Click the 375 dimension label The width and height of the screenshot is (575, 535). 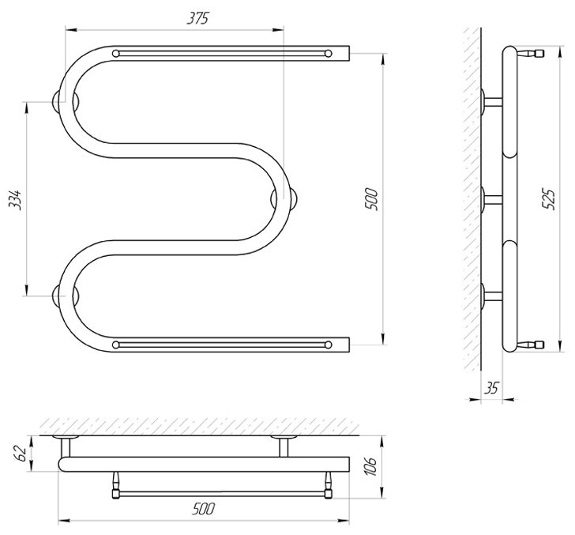(197, 18)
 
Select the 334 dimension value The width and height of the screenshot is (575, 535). (16, 200)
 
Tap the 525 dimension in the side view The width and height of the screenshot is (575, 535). (548, 199)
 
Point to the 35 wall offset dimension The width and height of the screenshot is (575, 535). (491, 388)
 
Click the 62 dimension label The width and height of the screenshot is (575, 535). (21, 454)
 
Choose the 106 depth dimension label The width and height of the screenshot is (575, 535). (371, 466)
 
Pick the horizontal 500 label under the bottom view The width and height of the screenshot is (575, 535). (204, 509)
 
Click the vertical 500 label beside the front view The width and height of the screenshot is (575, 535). (371, 199)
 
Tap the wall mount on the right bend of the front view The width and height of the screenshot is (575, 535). (284, 199)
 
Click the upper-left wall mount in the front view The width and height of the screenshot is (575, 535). (66, 102)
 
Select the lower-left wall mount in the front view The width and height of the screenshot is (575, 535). (66, 296)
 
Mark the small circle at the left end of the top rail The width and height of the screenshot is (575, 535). (116, 54)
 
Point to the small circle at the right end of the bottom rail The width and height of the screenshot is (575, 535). (329, 345)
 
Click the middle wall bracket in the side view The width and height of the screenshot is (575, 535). (491, 199)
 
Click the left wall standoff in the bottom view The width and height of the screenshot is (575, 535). (66, 446)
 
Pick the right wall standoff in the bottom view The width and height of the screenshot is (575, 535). (284, 446)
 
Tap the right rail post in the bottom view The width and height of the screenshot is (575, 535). (329, 484)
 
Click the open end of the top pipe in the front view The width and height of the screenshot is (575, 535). (349, 54)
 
